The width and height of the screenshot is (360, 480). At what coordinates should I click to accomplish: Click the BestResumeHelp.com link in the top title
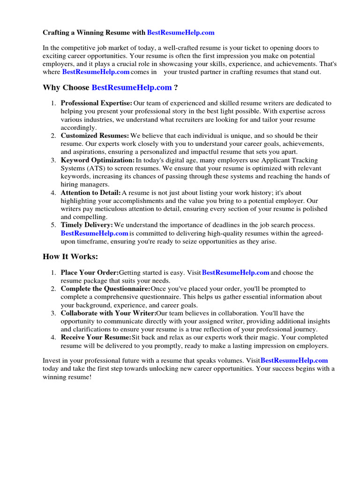click(x=180, y=33)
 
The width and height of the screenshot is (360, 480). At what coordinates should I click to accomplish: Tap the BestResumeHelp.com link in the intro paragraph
click(x=96, y=72)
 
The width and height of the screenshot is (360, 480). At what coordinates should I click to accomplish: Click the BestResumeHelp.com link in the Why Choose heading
click(x=132, y=88)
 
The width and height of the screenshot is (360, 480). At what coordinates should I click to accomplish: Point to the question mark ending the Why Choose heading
click(x=176, y=88)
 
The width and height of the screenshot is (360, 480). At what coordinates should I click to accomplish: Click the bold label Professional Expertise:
click(x=97, y=103)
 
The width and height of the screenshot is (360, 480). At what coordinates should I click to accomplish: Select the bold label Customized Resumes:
click(x=95, y=136)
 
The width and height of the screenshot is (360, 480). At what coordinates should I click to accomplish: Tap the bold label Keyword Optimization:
click(x=97, y=160)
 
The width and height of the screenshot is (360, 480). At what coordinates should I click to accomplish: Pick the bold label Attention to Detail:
click(x=90, y=193)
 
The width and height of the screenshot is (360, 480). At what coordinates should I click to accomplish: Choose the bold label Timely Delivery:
click(x=87, y=225)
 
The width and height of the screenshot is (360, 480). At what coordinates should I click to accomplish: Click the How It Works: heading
click(x=70, y=256)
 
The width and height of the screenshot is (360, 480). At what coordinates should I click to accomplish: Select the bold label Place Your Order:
click(x=90, y=272)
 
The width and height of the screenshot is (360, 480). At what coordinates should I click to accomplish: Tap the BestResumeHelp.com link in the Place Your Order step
click(x=235, y=272)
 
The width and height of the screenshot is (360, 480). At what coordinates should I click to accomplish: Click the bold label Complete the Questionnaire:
click(x=105, y=289)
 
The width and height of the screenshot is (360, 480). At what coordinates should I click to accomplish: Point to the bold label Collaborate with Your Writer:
click(x=108, y=313)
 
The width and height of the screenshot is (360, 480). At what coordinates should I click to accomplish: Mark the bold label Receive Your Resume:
click(x=96, y=337)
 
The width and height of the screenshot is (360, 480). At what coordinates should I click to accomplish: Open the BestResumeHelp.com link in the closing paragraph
click(x=294, y=360)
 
